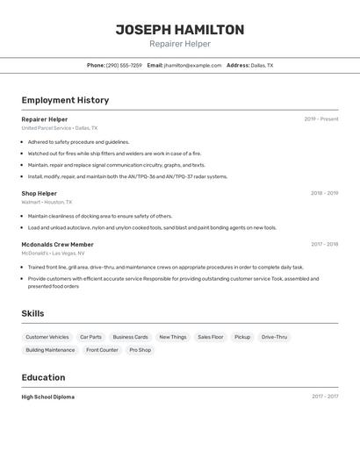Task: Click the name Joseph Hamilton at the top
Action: tap(180, 30)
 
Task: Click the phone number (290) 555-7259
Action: tap(124, 65)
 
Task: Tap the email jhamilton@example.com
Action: tap(192, 65)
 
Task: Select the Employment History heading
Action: tap(65, 100)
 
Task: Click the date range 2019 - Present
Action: tap(321, 119)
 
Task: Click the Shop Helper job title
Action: tap(40, 193)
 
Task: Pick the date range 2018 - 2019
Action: tap(324, 193)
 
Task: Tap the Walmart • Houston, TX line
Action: tap(47, 202)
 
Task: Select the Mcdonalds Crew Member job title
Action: tap(58, 245)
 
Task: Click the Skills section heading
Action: tap(32, 313)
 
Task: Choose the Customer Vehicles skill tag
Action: tap(47, 337)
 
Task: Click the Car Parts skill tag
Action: tap(90, 337)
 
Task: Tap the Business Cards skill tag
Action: tap(130, 337)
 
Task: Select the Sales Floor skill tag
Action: tap(210, 337)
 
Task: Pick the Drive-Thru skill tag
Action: tap(274, 337)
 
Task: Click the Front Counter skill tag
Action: tap(102, 350)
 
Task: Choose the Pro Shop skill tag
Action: tap(140, 350)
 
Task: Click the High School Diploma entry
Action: tap(48, 397)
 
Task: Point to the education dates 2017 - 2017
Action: tap(325, 397)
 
